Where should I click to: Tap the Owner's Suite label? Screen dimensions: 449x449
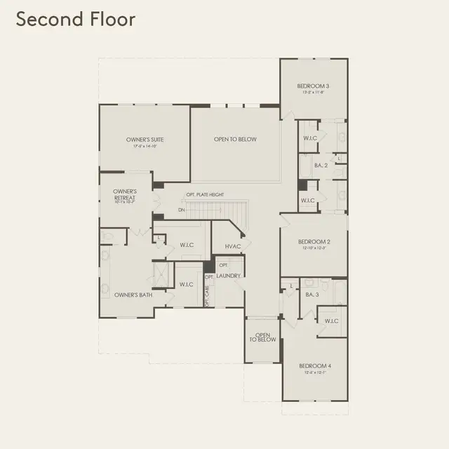[145, 140]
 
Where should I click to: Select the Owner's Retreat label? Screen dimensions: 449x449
[125, 194]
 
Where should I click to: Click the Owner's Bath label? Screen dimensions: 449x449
[133, 295]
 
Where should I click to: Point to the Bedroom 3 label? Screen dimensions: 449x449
[313, 86]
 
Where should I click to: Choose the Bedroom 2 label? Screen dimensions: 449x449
[314, 241]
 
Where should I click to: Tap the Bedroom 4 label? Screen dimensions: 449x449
[314, 366]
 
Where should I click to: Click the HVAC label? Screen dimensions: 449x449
[233, 247]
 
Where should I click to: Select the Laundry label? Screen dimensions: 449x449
[229, 276]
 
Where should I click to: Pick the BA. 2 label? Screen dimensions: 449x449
[321, 166]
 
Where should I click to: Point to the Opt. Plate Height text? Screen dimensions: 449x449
[205, 194]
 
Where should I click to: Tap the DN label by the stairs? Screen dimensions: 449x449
[181, 210]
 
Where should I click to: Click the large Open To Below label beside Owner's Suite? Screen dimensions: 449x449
[235, 140]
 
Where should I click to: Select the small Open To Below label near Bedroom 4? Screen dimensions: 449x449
[263, 337]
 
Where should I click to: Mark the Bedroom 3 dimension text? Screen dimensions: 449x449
[313, 92]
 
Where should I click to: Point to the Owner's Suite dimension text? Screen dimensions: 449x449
[145, 147]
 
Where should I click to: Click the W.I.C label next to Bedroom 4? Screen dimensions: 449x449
[332, 321]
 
